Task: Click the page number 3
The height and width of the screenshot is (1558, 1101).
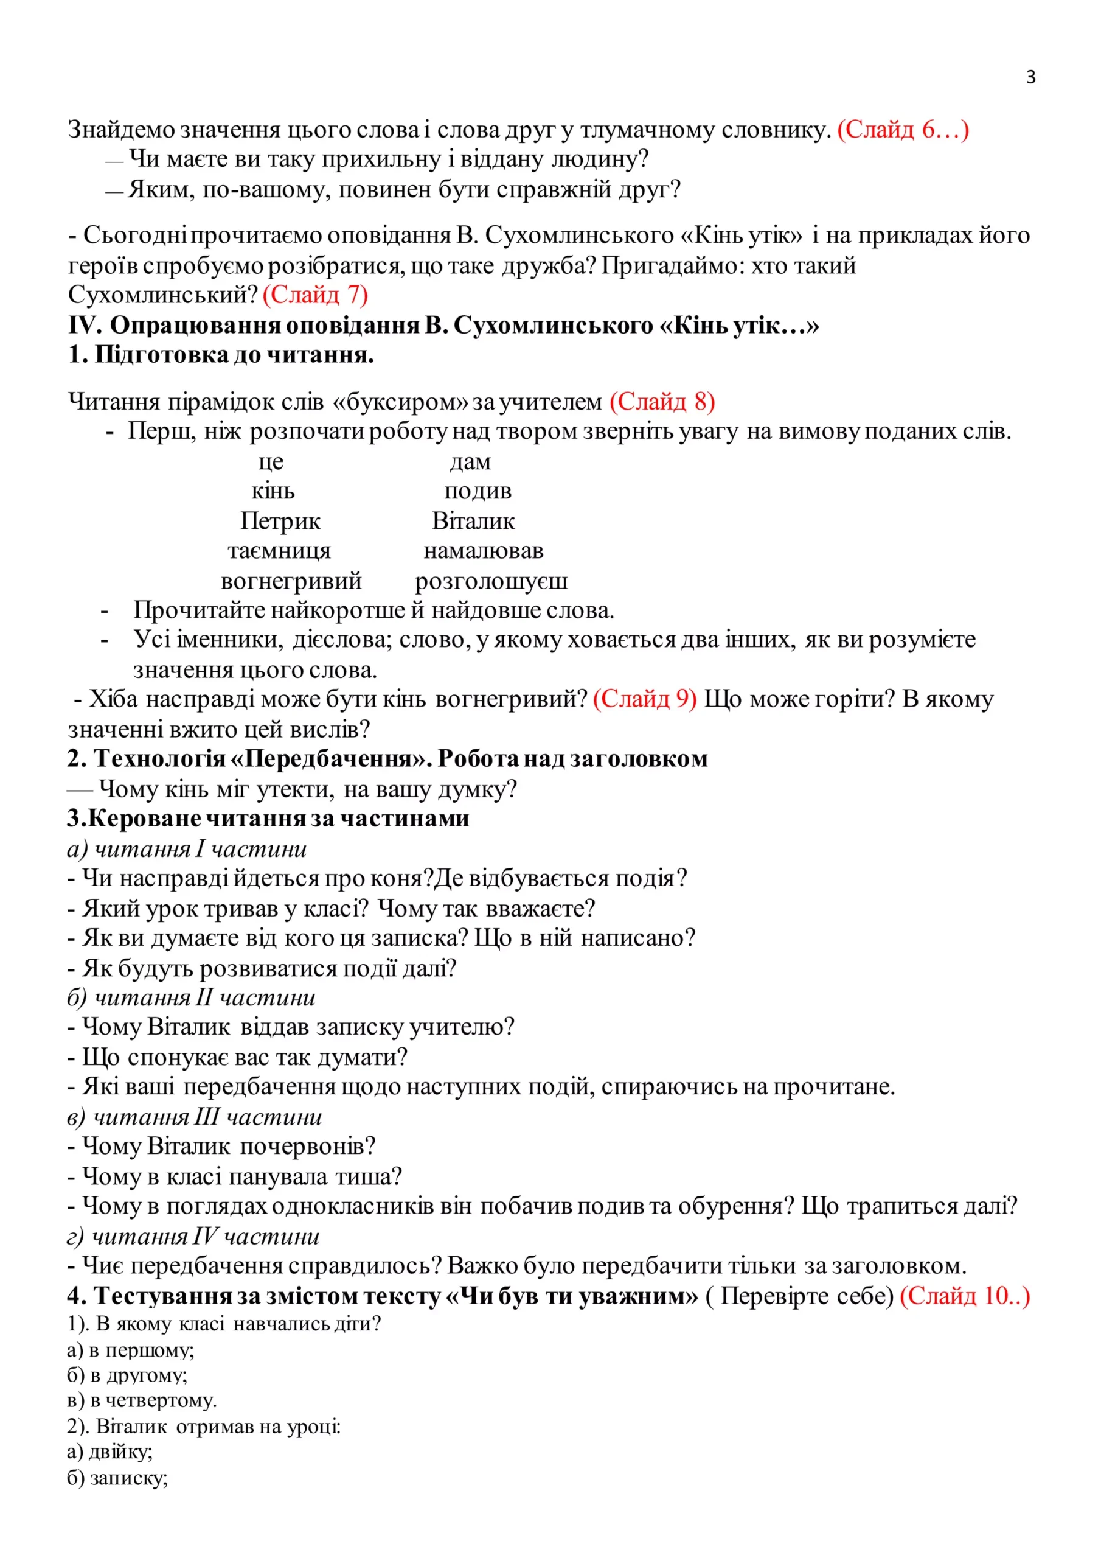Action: point(1030,77)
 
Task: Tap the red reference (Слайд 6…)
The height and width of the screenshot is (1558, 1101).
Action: point(903,129)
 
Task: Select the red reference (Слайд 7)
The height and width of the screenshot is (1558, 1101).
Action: point(316,295)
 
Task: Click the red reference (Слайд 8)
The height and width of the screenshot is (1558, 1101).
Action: point(662,402)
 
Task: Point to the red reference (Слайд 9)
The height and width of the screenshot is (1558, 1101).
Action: point(644,698)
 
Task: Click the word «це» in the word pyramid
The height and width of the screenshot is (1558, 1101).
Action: point(271,461)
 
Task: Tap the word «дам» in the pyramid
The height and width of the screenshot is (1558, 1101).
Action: point(470,461)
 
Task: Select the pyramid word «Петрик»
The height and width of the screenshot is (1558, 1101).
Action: point(280,521)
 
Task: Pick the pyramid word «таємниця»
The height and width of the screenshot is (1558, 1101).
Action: point(279,550)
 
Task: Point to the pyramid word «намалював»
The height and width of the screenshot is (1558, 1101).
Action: point(484,550)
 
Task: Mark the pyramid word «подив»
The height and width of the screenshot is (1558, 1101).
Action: point(478,491)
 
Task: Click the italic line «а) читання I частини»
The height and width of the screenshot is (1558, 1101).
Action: point(187,849)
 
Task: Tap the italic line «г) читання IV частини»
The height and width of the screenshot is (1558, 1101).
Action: point(193,1236)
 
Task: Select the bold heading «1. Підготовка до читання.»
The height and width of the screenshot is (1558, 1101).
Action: point(221,355)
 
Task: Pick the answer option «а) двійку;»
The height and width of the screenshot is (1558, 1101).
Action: point(110,1451)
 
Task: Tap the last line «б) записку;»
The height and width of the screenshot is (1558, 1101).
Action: point(117,1478)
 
